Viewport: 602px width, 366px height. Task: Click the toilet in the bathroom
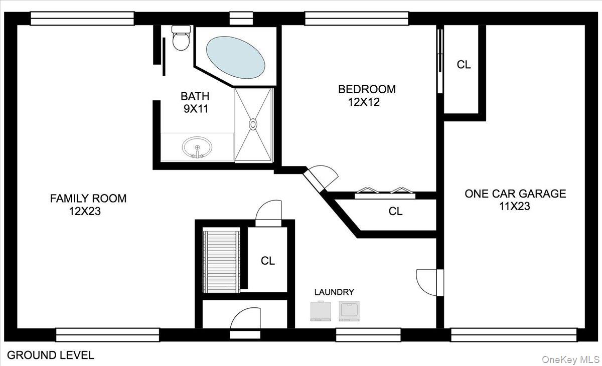[181, 38]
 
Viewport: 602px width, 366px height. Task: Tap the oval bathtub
[235, 58]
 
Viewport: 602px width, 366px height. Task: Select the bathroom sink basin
[197, 147]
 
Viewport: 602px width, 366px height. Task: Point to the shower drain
[253, 124]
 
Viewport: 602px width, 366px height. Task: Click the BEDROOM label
[367, 89]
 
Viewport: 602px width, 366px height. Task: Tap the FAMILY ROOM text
[88, 199]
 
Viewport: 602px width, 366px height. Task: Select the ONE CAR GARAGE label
[515, 194]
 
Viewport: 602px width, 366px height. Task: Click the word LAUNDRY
[334, 292]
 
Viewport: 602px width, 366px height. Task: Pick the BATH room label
[195, 96]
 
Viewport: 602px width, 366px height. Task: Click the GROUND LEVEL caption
[51, 355]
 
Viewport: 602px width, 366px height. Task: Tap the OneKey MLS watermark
[570, 359]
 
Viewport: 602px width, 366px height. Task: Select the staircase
[221, 260]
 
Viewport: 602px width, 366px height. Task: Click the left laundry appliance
[321, 311]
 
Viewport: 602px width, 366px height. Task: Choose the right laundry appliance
[349, 311]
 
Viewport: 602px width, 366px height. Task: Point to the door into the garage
[429, 282]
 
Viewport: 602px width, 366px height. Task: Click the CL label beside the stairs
[268, 261]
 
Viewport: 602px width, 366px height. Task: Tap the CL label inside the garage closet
[464, 65]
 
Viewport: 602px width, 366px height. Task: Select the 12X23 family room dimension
[85, 212]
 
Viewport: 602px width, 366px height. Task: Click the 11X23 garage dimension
[515, 206]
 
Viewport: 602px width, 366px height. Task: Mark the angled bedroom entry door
[320, 178]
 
